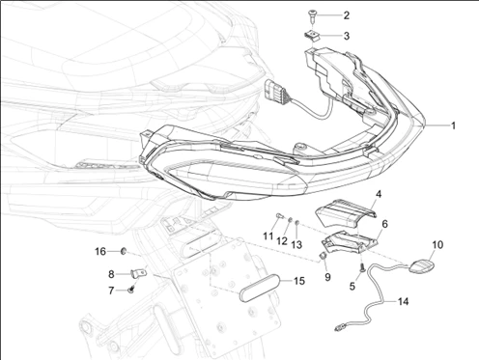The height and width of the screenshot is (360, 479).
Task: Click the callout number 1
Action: tap(453, 125)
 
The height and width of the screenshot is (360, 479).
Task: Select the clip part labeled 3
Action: tap(312, 36)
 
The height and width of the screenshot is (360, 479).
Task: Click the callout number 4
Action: tap(379, 194)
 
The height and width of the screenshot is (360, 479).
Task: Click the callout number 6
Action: tap(384, 224)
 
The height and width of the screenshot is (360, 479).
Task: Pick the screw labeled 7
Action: tap(131, 291)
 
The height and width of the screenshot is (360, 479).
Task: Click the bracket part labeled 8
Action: tap(139, 274)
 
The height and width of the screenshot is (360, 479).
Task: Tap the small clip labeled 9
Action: tap(323, 256)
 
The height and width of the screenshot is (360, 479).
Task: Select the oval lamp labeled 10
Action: tap(421, 266)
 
